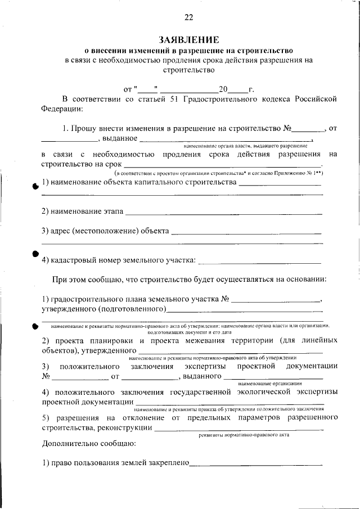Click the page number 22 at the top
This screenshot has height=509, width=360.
188,17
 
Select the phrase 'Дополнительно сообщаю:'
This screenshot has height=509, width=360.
89,444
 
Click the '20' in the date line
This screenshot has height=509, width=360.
223,89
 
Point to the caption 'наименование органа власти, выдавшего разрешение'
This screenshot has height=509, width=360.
245,145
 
